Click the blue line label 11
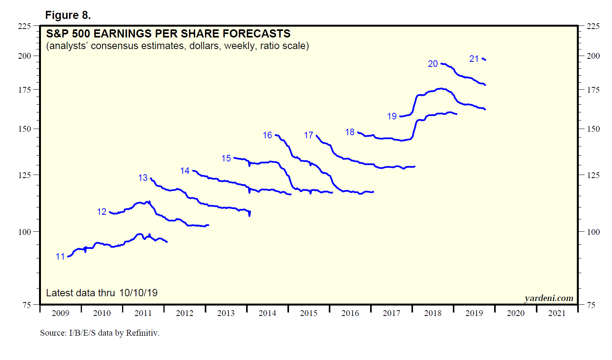point(60,256)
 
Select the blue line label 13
point(143,178)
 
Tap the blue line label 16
point(267,135)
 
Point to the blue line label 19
point(392,116)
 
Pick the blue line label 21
point(474,59)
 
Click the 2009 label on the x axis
point(61,313)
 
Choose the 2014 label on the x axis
point(267,313)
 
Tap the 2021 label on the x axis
point(557,313)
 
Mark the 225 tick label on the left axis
point(24,26)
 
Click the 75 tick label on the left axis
point(27,305)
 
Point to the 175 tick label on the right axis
point(593,90)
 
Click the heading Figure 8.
point(68,15)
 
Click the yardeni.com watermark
point(549,298)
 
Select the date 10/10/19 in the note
point(138,293)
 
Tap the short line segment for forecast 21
point(484,59)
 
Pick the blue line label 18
point(350,132)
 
